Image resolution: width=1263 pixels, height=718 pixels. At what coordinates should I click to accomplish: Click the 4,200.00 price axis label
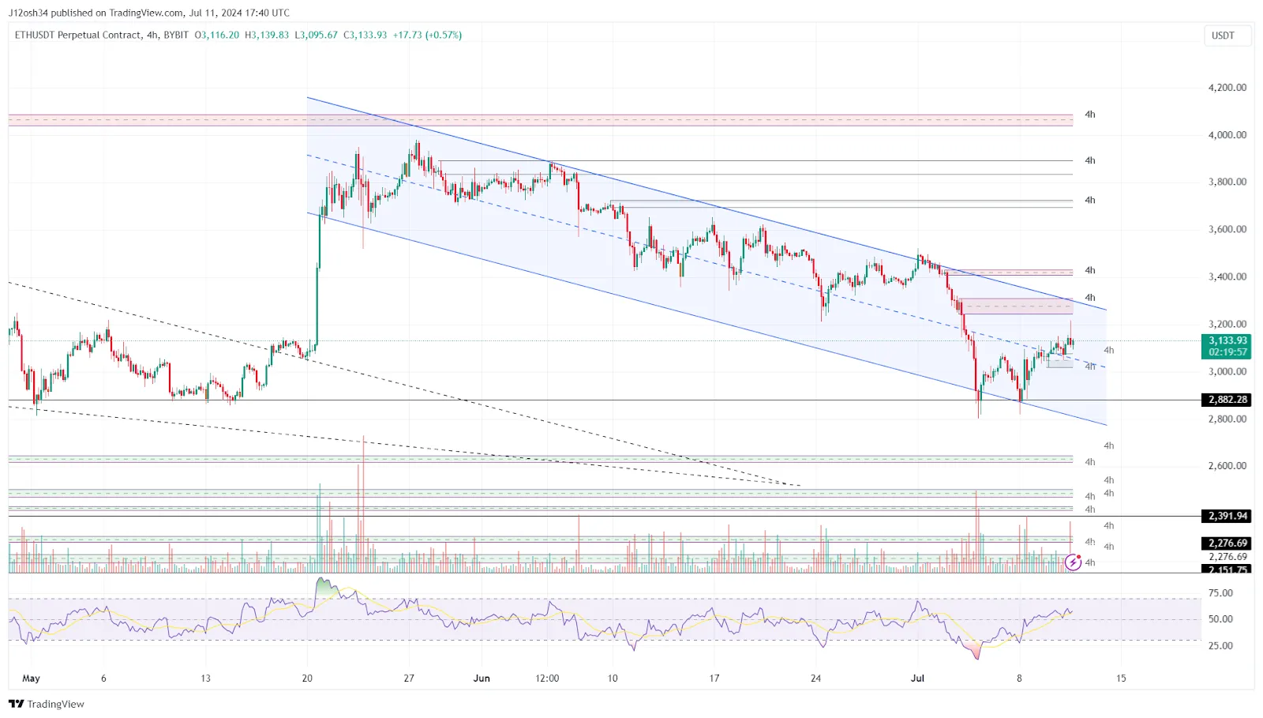1227,88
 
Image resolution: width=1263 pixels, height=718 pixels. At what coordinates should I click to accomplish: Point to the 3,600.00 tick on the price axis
1227,229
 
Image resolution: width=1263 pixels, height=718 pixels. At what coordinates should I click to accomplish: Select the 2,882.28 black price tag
1227,400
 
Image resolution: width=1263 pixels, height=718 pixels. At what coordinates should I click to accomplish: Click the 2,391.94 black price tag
1227,516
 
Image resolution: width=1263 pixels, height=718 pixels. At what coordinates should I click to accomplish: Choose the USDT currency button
1223,36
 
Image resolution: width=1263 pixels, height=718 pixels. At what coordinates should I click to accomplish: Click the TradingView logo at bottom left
47,704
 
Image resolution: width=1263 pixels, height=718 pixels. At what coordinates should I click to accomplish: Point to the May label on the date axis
31,678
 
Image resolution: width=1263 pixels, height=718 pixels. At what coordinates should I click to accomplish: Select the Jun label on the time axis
482,678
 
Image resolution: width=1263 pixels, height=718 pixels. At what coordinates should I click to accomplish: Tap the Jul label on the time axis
917,678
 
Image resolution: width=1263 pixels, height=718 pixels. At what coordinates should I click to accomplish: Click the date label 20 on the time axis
307,678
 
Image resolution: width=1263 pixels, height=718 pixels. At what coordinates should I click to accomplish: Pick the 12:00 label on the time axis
547,678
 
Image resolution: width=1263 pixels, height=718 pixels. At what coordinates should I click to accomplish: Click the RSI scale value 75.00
1220,592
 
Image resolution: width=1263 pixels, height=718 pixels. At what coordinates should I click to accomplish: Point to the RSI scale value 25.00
1220,645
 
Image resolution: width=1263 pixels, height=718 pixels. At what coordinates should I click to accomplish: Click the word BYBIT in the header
176,35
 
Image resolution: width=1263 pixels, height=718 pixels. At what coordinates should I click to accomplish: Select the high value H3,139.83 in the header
267,35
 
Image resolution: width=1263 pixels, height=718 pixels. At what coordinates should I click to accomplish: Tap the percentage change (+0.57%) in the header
444,35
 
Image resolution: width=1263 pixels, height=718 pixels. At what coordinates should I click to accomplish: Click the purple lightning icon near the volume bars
1073,562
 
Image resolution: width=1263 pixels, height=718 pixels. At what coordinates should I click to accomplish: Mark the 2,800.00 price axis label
1227,419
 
